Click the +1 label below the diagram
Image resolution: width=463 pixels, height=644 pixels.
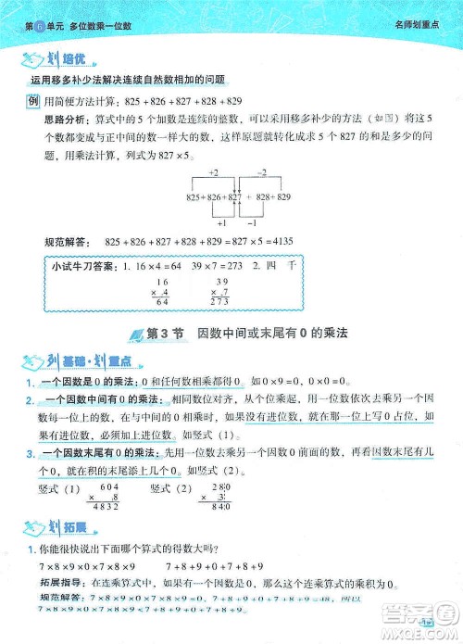[x=221, y=222]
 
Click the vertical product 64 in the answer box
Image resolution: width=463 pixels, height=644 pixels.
[x=164, y=301]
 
